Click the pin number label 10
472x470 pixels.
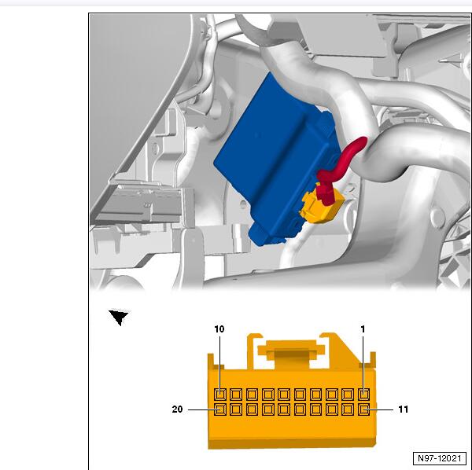219,329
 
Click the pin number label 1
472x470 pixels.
363,329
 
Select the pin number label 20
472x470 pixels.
177,409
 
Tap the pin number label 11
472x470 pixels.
403,409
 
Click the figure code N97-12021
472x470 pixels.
440,458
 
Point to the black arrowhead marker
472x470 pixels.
119,317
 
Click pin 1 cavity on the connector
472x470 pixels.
363,395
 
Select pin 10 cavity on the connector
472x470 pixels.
220,395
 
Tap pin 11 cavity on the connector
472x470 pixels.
363,409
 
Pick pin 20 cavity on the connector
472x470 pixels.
220,409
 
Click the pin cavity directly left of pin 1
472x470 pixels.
348,395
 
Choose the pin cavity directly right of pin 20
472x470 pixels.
236,409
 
